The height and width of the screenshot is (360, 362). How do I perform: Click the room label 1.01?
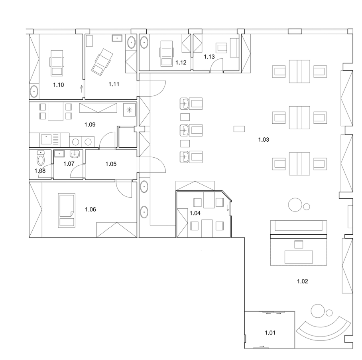pyautogui.click(x=270, y=333)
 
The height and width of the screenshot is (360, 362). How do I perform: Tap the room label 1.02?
pyautogui.click(x=303, y=281)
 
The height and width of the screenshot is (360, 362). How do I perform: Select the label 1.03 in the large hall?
pyautogui.click(x=264, y=140)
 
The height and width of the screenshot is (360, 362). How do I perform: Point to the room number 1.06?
pyautogui.click(x=90, y=210)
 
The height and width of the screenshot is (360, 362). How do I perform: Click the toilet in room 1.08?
pyautogui.click(x=41, y=158)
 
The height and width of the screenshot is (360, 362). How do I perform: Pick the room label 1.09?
pyautogui.click(x=90, y=125)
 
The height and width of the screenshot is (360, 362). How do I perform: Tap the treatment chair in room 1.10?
pyautogui.click(x=57, y=63)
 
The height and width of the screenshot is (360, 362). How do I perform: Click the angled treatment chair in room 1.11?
pyautogui.click(x=102, y=62)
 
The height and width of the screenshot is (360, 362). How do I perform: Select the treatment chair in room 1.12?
pyautogui.click(x=166, y=53)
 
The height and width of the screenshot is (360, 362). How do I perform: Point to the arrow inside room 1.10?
pyautogui.click(x=81, y=89)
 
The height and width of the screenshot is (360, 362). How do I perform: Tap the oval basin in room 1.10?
pyautogui.click(x=34, y=91)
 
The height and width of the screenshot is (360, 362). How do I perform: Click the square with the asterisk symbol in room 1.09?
pyautogui.click(x=129, y=110)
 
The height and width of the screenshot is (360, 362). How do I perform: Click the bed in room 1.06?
pyautogui.click(x=67, y=210)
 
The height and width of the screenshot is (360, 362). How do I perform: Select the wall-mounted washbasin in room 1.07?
pyautogui.click(x=75, y=154)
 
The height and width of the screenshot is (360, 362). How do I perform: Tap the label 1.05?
pyautogui.click(x=111, y=164)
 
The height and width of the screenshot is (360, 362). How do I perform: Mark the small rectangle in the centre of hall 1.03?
pyautogui.click(x=239, y=129)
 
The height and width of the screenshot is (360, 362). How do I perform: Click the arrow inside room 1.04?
pyautogui.click(x=228, y=208)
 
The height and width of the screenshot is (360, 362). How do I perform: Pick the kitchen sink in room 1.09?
pyautogui.click(x=46, y=139)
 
